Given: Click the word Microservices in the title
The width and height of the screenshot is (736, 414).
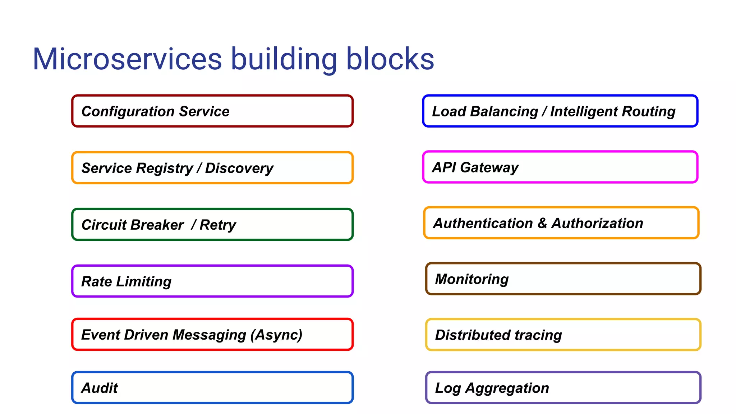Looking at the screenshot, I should [127, 59].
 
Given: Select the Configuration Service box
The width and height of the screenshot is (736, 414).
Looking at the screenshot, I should [212, 111].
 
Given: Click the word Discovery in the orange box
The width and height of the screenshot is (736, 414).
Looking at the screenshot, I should [239, 168].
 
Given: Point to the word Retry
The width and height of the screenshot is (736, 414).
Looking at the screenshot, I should [218, 225].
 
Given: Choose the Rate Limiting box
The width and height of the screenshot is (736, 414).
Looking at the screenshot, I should [212, 281].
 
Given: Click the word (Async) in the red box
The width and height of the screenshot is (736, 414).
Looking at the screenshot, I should [276, 335].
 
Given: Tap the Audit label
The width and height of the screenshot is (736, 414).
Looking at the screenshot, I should [100, 388].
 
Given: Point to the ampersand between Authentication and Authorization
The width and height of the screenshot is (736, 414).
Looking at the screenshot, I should [542, 223].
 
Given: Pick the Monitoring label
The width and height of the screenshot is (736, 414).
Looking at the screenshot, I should [472, 279].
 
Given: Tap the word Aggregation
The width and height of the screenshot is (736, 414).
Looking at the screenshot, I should [507, 388].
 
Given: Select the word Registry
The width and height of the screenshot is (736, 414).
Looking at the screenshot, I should [165, 169].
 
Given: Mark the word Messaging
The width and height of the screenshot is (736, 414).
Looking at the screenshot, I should [209, 335].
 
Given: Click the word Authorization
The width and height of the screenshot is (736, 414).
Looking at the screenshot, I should [597, 223].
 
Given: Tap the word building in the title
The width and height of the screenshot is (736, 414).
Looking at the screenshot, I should [284, 59].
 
